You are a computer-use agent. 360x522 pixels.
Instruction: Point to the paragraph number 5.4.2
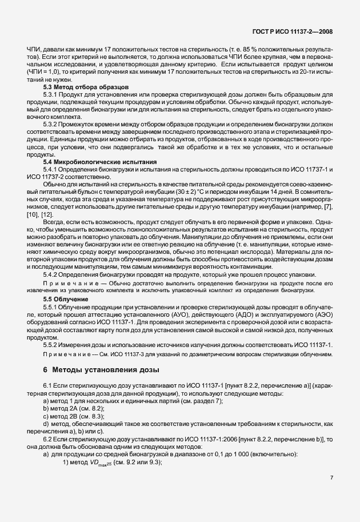pyautogui.click(x=52, y=274)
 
